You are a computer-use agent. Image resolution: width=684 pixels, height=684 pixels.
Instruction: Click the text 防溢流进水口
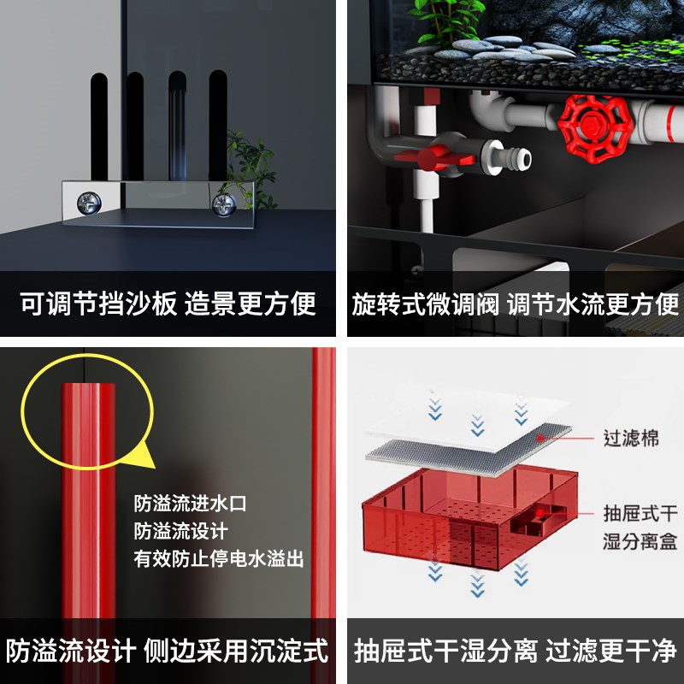(x=190, y=504)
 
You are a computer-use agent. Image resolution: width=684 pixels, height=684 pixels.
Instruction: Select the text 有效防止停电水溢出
(x=219, y=560)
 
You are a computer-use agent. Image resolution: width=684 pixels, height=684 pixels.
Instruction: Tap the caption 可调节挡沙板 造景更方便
(x=168, y=303)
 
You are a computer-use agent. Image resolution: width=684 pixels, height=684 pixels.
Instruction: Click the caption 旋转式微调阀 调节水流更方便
(x=516, y=304)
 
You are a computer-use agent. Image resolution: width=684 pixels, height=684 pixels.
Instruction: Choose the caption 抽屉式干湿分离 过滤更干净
(x=516, y=651)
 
